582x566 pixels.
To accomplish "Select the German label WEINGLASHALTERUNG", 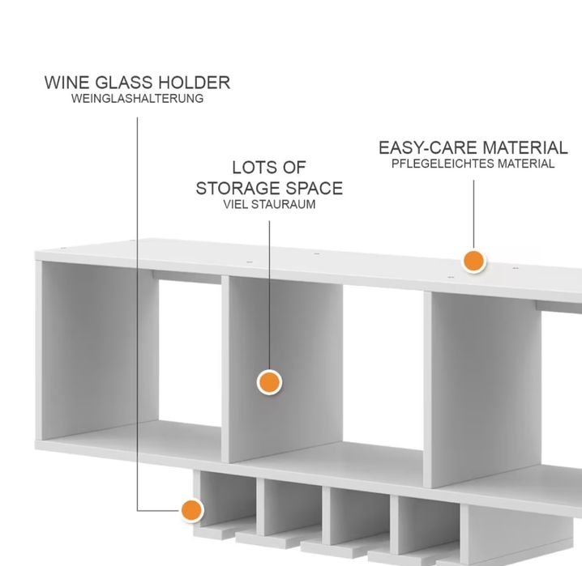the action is coord(137,99).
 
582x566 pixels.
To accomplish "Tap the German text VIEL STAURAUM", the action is coord(269,204).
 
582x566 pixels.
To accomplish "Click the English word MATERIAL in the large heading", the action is coord(525,148).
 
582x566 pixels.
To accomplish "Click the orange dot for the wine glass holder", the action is coord(192,510).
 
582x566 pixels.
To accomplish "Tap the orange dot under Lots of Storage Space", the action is coord(269,382).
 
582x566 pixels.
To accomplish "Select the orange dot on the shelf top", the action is coord(473,261).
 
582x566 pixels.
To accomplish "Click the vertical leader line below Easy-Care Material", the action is coord(473,215).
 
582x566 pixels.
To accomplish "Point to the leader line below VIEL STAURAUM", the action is coord(269,296).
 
